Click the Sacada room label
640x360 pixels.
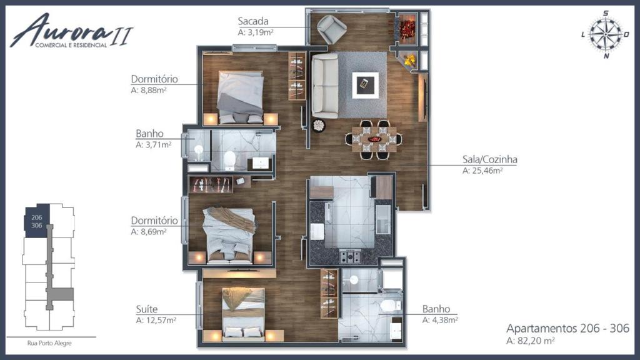click(x=252, y=21)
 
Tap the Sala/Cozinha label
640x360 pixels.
click(x=489, y=159)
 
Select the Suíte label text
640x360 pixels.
click(x=146, y=309)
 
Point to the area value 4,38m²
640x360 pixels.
click(x=440, y=320)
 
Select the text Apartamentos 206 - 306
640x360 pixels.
click(x=567, y=329)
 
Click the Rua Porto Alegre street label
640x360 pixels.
click(x=50, y=342)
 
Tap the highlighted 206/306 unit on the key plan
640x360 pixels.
click(x=36, y=221)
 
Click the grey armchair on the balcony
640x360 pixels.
click(x=331, y=29)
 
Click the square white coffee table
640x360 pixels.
click(x=364, y=84)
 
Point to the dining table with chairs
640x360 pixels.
click(x=374, y=139)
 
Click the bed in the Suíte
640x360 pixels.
click(x=244, y=311)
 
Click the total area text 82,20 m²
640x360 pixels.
click(x=531, y=341)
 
